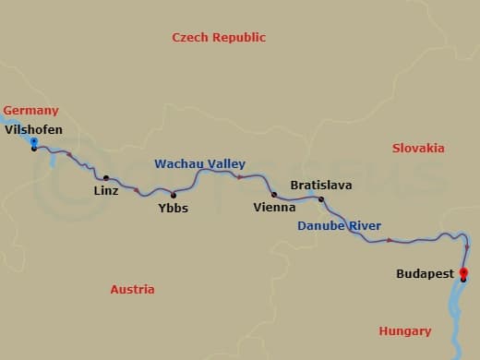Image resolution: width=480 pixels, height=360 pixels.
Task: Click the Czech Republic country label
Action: (219, 37)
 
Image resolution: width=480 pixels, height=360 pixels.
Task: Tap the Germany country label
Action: (30, 110)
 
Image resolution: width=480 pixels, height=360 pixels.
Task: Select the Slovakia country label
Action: (418, 148)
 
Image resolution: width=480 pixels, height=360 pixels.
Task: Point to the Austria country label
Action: (132, 289)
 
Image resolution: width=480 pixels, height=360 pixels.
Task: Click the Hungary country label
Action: (404, 330)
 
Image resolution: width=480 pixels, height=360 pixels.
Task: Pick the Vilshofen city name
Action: (34, 130)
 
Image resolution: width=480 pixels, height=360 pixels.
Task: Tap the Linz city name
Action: (106, 191)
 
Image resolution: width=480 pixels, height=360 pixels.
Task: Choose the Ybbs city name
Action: (173, 208)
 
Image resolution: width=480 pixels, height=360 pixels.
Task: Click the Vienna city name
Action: (274, 208)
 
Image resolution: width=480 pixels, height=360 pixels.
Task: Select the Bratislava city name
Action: (320, 185)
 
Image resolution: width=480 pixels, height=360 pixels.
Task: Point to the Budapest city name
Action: (425, 274)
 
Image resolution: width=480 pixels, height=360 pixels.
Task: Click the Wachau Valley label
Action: (199, 163)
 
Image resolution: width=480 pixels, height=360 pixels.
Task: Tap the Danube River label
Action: (339, 225)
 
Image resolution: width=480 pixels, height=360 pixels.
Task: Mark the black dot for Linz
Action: (106, 178)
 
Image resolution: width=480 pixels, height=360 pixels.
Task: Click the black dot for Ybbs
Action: (173, 194)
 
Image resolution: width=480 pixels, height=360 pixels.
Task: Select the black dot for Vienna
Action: (274, 195)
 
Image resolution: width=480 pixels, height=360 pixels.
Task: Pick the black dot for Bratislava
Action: (321, 199)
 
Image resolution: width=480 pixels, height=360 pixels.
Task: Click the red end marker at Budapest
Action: (463, 272)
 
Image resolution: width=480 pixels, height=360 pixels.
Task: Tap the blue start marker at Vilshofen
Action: (34, 141)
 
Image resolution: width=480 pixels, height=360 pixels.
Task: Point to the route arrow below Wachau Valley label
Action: (240, 175)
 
